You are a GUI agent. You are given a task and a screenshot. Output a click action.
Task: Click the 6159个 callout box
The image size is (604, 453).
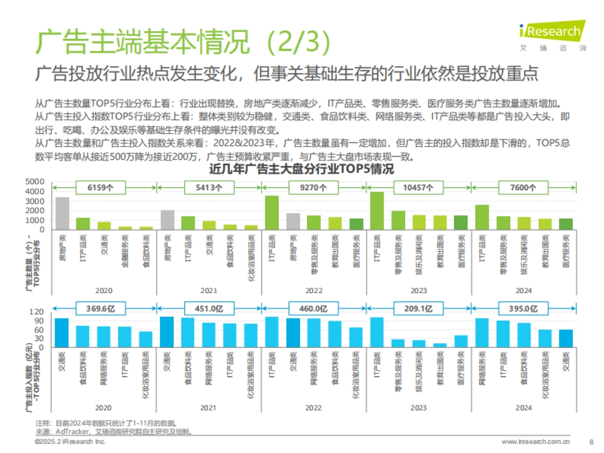pyautogui.click(x=100, y=187)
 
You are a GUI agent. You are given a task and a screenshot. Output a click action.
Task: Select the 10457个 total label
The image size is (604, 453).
pyautogui.click(x=419, y=187)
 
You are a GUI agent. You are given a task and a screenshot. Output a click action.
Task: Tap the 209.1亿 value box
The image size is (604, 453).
pyautogui.click(x=419, y=308)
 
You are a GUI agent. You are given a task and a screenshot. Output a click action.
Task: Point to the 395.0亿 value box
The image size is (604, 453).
pyautogui.click(x=523, y=308)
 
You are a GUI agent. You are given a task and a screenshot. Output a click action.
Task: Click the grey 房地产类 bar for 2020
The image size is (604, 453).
pyautogui.click(x=62, y=213)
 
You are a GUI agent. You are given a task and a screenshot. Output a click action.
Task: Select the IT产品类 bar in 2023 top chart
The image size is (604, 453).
pyautogui.click(x=377, y=211)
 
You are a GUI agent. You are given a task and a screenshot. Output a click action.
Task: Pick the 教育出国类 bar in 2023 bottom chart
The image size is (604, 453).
pyautogui.click(x=440, y=345)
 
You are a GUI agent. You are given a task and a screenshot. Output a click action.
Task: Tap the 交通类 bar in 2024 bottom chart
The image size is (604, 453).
pyautogui.click(x=566, y=339)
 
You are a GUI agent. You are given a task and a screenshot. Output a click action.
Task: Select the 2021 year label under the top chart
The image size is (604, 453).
pyautogui.click(x=208, y=290)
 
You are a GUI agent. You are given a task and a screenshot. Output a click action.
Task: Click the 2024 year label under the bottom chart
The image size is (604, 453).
pyautogui.click(x=523, y=408)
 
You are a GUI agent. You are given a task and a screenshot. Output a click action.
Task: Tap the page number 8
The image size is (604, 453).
pyautogui.click(x=591, y=442)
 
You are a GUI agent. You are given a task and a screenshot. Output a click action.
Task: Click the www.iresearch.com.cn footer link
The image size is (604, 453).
pyautogui.click(x=536, y=442)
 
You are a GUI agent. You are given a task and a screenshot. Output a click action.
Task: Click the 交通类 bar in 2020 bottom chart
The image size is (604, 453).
pyautogui.click(x=62, y=333)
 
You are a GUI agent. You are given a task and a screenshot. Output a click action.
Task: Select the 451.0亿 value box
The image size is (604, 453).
pyautogui.click(x=208, y=308)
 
